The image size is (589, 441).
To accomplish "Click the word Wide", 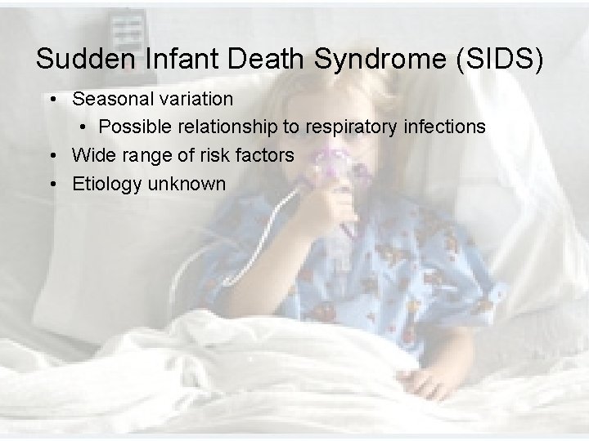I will click(92, 155).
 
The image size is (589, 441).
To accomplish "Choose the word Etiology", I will click(106, 184).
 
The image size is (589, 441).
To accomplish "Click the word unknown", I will click(187, 184).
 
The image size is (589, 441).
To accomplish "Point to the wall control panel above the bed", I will click(126, 28).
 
